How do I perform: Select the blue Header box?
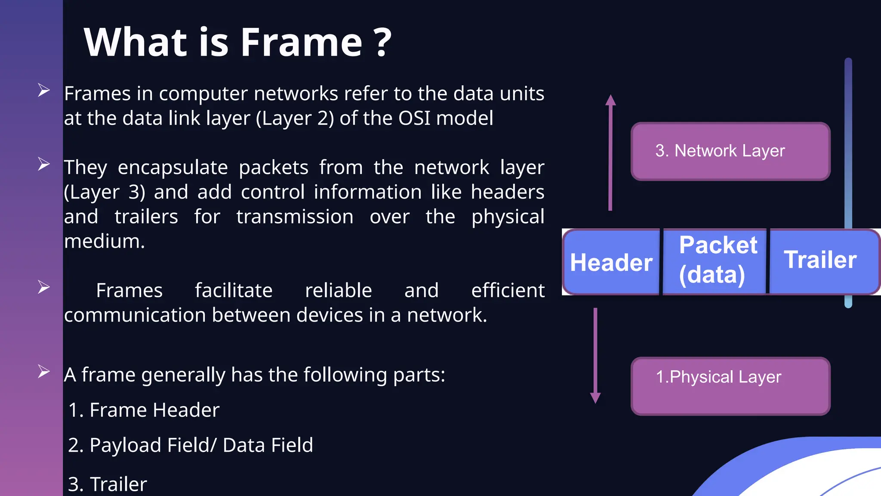(611, 262)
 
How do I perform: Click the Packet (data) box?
(715, 261)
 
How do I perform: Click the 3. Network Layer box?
(730, 151)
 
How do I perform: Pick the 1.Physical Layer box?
(730, 386)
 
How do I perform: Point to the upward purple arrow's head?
(610, 100)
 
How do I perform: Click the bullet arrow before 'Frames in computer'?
(43, 90)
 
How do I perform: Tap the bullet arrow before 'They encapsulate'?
(43, 164)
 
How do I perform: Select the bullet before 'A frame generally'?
(43, 371)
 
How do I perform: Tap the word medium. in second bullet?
(105, 241)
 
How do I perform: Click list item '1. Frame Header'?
(144, 410)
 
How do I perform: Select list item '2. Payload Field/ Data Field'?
(191, 445)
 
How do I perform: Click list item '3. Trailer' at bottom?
(108, 484)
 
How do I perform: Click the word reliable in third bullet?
(338, 291)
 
